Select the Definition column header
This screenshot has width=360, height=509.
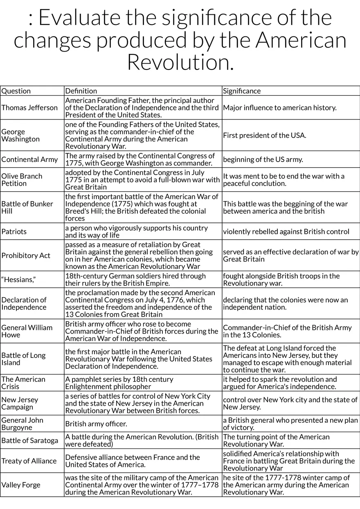click(x=81, y=91)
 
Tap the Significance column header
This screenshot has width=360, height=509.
click(x=242, y=91)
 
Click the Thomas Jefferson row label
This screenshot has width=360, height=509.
click(x=30, y=108)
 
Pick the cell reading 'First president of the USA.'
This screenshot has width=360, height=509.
click(x=264, y=135)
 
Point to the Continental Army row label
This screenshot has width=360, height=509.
click(x=30, y=159)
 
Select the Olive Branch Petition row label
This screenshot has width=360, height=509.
click(x=22, y=179)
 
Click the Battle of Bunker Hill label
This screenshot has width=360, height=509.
click(x=27, y=207)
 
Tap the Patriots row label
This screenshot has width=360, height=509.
click(x=14, y=231)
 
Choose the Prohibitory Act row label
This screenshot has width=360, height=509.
click(x=26, y=256)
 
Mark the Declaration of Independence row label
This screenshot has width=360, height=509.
click(x=24, y=303)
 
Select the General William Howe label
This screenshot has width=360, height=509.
click(x=27, y=331)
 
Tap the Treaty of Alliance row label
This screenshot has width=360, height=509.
click(x=29, y=461)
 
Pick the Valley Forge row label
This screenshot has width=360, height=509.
click(x=21, y=485)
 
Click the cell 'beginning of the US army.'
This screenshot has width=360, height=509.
click(x=263, y=159)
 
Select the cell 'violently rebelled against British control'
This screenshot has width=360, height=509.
click(x=286, y=231)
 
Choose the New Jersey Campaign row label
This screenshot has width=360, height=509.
click(x=20, y=403)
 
